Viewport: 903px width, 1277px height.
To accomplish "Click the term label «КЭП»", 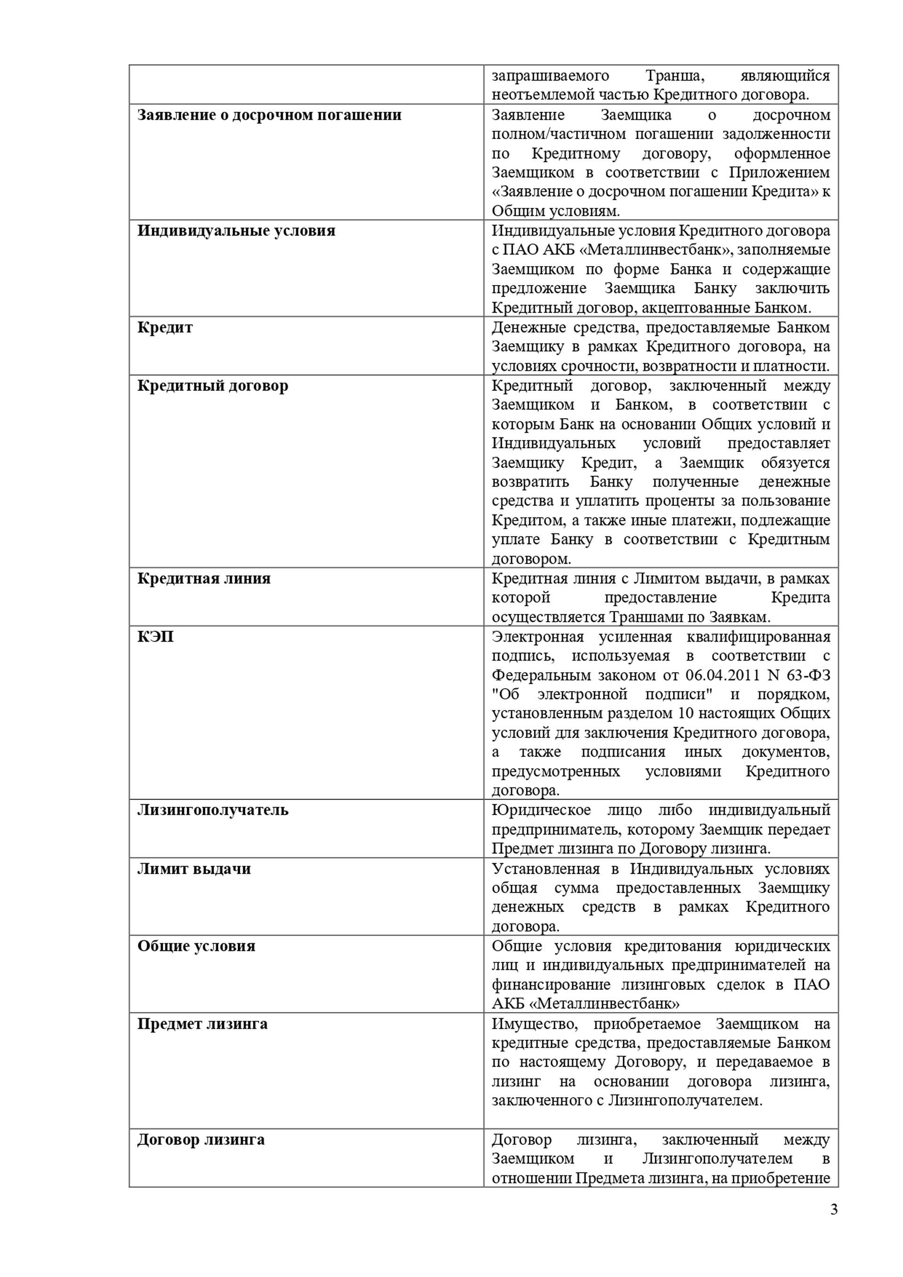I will [156, 636].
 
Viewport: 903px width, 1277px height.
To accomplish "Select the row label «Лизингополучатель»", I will [213, 810].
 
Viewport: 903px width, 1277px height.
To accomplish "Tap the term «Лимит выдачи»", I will [194, 868].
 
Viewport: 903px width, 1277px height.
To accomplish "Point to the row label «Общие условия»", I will [196, 945].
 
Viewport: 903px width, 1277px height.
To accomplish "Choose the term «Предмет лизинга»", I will [202, 1023].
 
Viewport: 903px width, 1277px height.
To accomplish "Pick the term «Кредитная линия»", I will [204, 579].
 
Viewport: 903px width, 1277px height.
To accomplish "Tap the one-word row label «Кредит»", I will [165, 327].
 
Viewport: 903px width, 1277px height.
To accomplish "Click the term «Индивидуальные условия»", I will [236, 230].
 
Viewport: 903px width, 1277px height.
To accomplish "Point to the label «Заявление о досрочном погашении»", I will [269, 115].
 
